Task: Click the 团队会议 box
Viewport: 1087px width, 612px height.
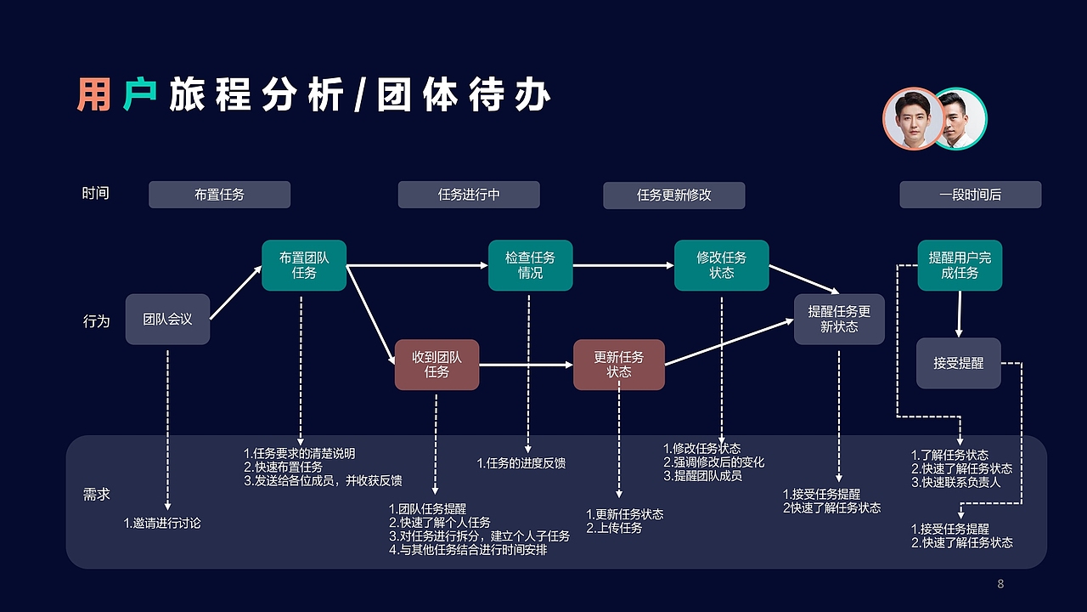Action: [x=167, y=320]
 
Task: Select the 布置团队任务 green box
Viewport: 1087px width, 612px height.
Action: [x=304, y=265]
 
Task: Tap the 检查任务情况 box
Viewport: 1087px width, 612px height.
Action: [x=530, y=265]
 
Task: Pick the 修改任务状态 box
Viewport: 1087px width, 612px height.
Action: [x=721, y=265]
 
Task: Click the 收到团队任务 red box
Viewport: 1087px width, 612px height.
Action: [x=436, y=365]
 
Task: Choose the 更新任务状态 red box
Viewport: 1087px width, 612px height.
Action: [x=618, y=365]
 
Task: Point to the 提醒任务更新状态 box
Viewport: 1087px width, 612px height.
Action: [x=838, y=319]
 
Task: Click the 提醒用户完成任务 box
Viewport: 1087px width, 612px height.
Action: [x=960, y=265]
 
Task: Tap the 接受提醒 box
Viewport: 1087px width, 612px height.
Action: [x=958, y=363]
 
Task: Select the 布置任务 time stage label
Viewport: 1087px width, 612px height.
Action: [x=219, y=195]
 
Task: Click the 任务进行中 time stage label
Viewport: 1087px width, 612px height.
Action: [x=469, y=195]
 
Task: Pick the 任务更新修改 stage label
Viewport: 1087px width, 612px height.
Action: [x=673, y=195]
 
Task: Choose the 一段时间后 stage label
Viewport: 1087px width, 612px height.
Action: [x=970, y=195]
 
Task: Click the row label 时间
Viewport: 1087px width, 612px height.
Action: [x=96, y=193]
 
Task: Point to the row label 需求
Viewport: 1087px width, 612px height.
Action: [x=96, y=494]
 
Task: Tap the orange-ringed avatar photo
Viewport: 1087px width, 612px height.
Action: [x=913, y=118]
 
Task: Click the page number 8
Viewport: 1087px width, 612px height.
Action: [x=1000, y=584]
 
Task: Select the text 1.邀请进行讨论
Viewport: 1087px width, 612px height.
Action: [x=162, y=524]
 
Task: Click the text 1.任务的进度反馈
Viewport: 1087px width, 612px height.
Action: [x=521, y=463]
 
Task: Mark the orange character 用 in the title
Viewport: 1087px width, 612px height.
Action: [x=93, y=95]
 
